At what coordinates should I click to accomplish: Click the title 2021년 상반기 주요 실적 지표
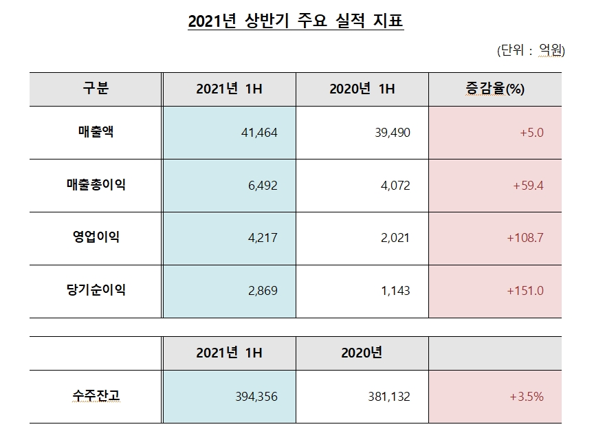tap(296, 22)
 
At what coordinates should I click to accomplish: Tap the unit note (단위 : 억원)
tap(530, 49)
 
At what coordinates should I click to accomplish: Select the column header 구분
tap(96, 89)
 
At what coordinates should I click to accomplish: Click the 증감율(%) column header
tap(495, 89)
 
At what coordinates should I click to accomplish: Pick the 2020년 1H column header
tap(362, 89)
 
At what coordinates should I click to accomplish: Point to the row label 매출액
tap(96, 132)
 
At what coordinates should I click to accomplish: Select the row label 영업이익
tap(96, 237)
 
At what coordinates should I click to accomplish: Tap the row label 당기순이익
tap(96, 290)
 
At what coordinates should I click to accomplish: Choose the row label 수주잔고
tap(96, 396)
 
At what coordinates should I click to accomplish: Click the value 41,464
tap(260, 133)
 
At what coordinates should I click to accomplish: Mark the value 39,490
tap(392, 133)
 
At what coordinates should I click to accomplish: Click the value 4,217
tap(263, 238)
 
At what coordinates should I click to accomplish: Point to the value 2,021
tap(395, 238)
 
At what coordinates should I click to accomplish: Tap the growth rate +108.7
tap(525, 238)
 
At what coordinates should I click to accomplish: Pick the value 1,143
tap(395, 291)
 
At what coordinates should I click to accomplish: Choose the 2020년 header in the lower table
tap(362, 353)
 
